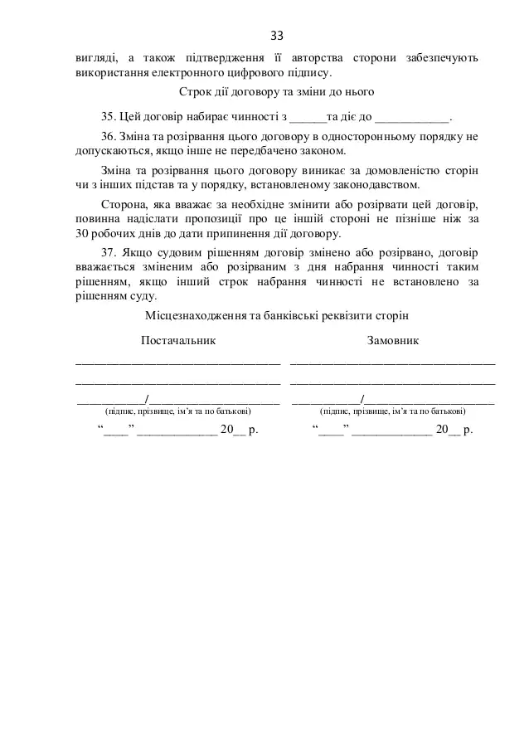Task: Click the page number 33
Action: point(277,36)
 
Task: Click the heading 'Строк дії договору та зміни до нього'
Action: point(277,90)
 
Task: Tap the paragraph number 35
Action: point(106,115)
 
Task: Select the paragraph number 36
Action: point(106,135)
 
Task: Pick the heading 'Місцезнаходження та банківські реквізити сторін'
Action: point(277,316)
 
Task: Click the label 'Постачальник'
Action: point(177,341)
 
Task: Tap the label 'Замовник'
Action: point(393,341)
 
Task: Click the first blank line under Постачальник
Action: point(177,362)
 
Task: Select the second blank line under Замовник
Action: point(393,382)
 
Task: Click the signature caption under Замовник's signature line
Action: point(393,411)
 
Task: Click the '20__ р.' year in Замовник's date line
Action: point(454,430)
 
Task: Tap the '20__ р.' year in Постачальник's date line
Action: point(240,430)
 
